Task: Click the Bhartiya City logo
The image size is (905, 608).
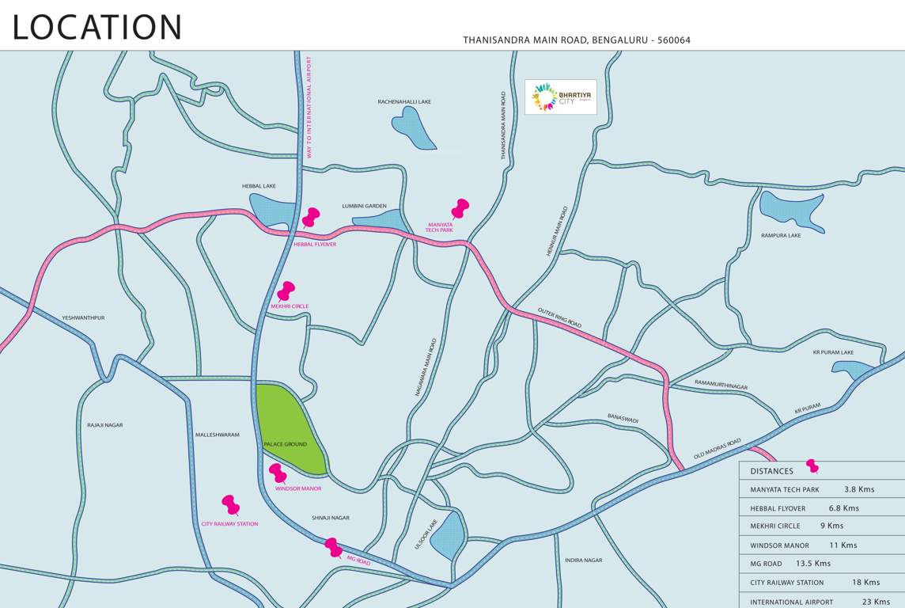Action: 561,97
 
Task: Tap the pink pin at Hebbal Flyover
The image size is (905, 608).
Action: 311,217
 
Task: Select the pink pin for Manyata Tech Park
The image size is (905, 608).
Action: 460,208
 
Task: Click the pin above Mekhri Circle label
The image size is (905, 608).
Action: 286,291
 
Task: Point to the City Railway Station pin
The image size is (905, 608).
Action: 230,504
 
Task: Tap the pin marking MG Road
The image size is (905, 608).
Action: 334,547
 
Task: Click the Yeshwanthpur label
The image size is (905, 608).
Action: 83,317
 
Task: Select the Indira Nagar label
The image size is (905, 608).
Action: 583,560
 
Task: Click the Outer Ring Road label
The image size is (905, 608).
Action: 559,318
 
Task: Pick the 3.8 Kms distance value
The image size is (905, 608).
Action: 858,489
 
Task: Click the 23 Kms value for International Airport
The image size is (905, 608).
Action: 876,602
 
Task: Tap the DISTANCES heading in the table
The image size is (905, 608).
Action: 771,471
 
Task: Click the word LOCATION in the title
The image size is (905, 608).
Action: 97,27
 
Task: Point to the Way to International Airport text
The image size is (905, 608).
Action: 309,107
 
